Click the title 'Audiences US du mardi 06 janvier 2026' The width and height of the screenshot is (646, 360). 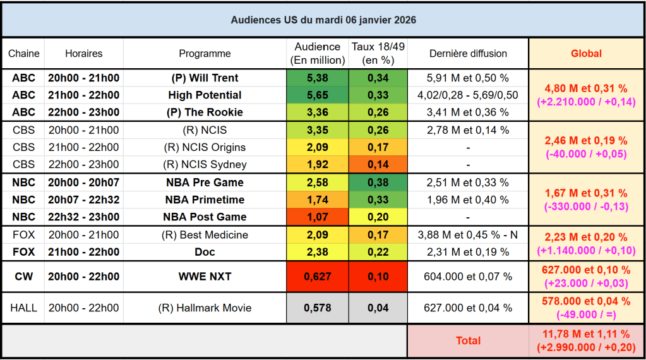click(x=323, y=20)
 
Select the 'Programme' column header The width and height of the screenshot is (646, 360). click(x=205, y=54)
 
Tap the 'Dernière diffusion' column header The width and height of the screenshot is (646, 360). click(x=468, y=54)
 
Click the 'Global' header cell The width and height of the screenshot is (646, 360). click(x=586, y=54)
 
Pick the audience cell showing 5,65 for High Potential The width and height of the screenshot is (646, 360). click(x=317, y=95)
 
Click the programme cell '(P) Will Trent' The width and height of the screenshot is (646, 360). click(x=205, y=78)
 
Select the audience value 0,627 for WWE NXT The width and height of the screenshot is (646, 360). click(x=317, y=277)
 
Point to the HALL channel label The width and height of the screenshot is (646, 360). click(x=24, y=308)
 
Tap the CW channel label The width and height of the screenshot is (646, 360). click(x=24, y=277)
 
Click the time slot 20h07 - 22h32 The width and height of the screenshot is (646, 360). click(x=83, y=200)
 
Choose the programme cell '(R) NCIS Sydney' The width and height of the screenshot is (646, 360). click(x=205, y=165)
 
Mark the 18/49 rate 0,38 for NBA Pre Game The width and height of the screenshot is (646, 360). click(x=378, y=183)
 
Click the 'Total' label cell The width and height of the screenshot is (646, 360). click(x=468, y=340)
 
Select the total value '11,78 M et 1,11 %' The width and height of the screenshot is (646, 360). click(x=586, y=334)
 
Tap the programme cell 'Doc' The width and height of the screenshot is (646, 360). click(x=205, y=252)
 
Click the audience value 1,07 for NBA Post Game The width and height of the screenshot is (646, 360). click(x=317, y=217)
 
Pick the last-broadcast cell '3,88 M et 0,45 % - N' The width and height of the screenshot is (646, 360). click(x=468, y=235)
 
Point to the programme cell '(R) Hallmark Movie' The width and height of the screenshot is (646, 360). click(x=205, y=308)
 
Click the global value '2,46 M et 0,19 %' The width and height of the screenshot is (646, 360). click(x=586, y=141)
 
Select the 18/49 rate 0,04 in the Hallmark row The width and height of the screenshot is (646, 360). click(x=378, y=308)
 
